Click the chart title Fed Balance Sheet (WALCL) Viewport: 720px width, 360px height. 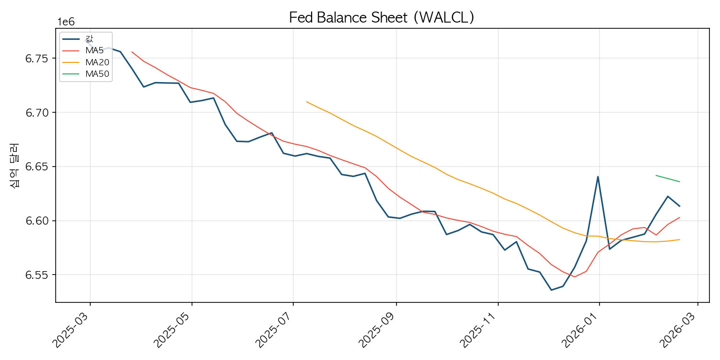coord(382,17)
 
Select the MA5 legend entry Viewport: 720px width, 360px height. coord(94,50)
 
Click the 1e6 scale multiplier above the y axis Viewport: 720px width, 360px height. coord(66,22)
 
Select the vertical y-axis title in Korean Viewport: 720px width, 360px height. coord(14,166)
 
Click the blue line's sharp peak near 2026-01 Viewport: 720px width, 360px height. coord(598,177)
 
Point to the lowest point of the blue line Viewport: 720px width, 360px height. coord(551,290)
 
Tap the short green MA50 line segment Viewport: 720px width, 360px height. coord(667,179)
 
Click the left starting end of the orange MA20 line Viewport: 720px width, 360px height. coord(306,102)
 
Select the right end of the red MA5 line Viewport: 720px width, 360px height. coord(679,217)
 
